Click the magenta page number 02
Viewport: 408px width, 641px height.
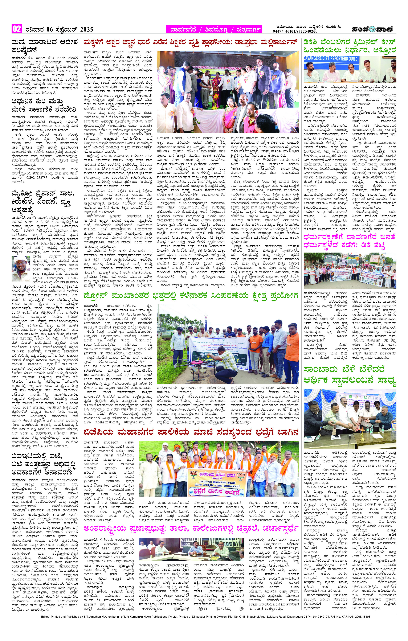[17, 29]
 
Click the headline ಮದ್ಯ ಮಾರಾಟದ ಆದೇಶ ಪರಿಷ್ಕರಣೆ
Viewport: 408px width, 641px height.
[44, 46]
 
